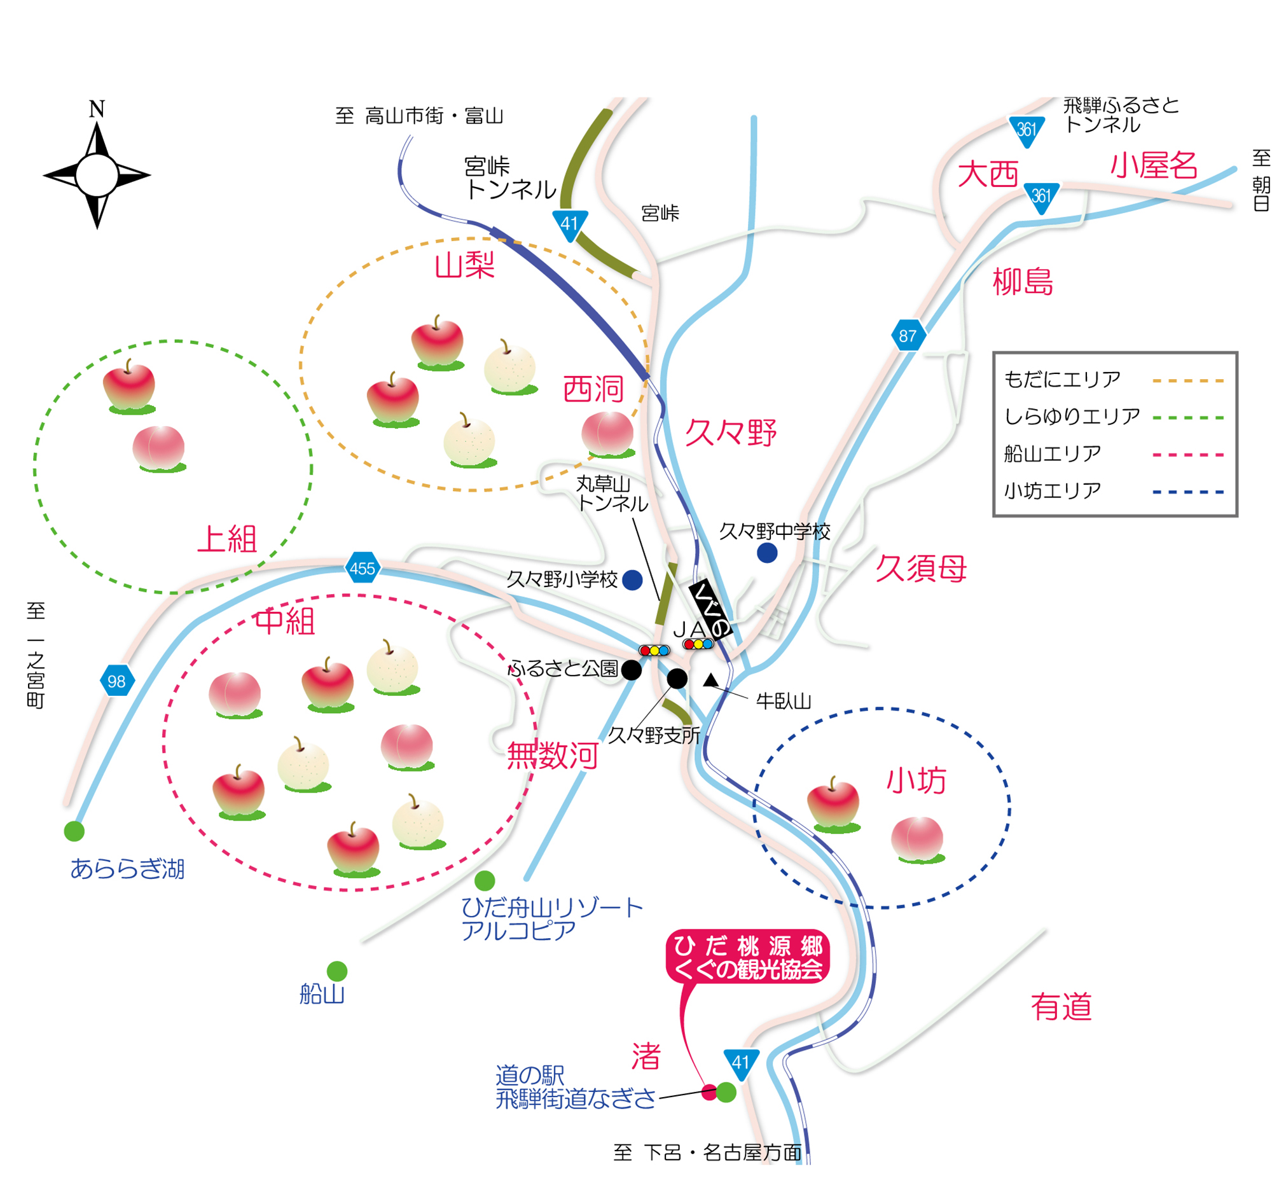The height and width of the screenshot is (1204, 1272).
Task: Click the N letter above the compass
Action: [x=97, y=109]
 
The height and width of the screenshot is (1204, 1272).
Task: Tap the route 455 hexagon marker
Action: [x=363, y=568]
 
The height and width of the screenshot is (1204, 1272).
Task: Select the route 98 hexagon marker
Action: [x=117, y=681]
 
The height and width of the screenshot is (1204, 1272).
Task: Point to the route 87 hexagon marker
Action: [x=908, y=335]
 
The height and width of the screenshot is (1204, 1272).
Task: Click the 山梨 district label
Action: [x=465, y=265]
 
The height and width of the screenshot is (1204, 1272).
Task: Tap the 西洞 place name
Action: [x=593, y=389]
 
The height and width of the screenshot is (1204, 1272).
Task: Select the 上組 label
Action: [x=227, y=539]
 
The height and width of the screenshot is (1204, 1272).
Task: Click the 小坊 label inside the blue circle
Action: [x=916, y=781]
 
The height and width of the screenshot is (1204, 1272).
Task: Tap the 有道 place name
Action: [x=1061, y=1006]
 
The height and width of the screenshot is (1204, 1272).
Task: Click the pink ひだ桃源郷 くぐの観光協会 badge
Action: [x=748, y=957]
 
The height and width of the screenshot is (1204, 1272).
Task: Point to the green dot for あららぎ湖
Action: [x=74, y=831]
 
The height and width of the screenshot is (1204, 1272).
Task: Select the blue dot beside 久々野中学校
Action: [x=767, y=553]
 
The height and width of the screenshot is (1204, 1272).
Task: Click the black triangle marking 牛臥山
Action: [x=710, y=681]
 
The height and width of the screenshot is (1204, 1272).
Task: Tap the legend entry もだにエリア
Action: [x=1062, y=380]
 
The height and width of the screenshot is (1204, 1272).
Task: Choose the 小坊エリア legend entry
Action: [x=1053, y=491]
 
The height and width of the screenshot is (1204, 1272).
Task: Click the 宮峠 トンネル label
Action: [x=510, y=179]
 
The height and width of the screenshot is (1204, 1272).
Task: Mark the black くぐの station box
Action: [x=710, y=610]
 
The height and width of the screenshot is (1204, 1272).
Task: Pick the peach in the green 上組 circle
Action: [x=159, y=449]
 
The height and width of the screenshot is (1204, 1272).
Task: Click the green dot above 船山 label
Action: [x=337, y=971]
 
